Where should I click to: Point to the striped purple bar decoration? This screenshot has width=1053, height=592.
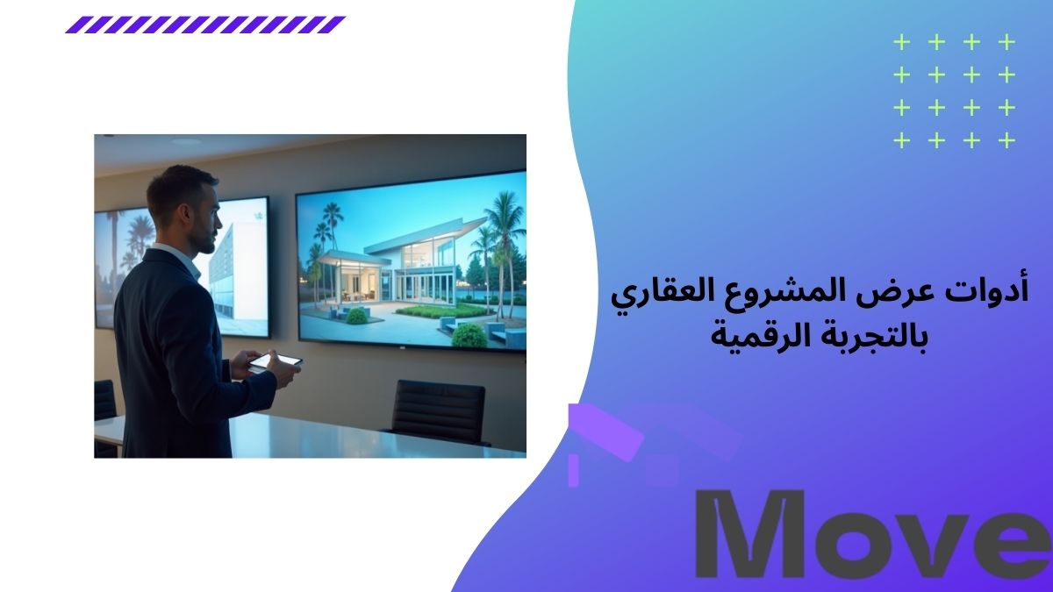click(205, 25)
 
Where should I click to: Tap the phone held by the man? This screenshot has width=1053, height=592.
click(275, 360)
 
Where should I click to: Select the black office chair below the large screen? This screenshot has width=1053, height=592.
click(438, 410)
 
